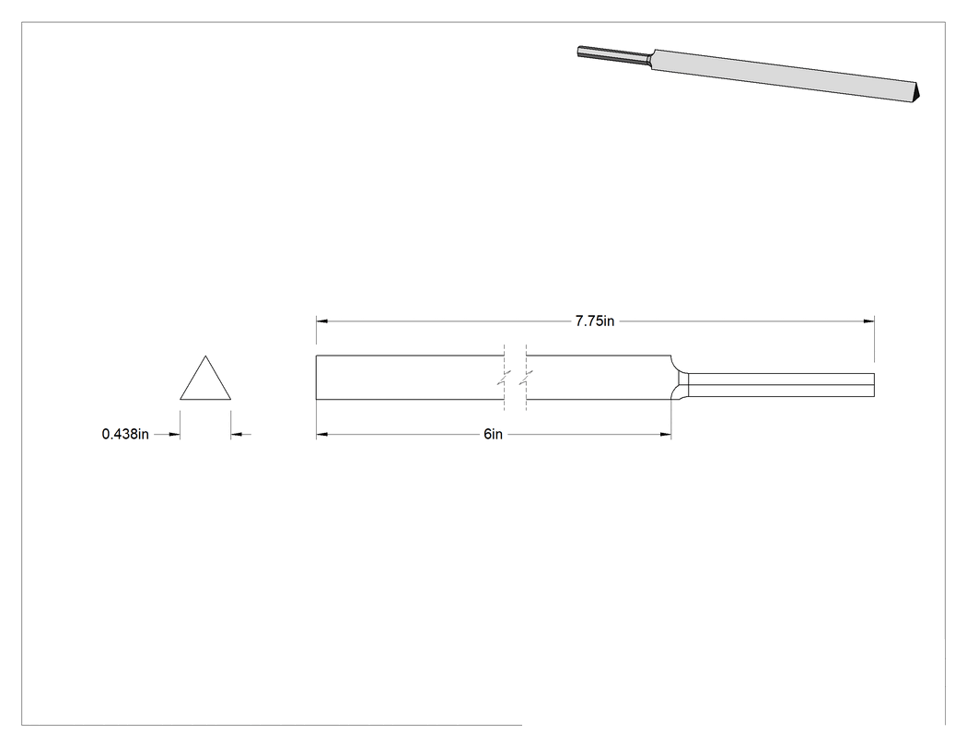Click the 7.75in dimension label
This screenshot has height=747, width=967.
[x=595, y=321]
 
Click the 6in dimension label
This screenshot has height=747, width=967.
[x=493, y=434]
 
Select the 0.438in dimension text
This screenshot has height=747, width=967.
[x=125, y=434]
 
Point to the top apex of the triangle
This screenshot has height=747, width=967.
[x=205, y=356]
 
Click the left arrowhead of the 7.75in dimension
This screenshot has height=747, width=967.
[x=321, y=321]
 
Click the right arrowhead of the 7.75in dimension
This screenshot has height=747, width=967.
[x=869, y=321]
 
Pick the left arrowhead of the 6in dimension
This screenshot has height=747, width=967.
[x=321, y=434]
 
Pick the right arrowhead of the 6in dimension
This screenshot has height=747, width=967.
[x=666, y=434]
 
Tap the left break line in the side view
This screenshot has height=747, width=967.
[x=505, y=378]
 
